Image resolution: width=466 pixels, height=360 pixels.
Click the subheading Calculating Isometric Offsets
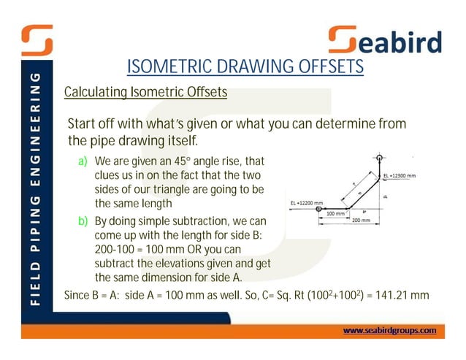click(x=145, y=93)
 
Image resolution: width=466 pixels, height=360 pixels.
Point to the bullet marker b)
click(x=84, y=221)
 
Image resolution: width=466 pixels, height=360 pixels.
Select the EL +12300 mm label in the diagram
click(x=400, y=176)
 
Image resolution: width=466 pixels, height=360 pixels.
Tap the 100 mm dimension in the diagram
click(x=335, y=214)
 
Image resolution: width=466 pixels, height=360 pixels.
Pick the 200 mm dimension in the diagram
click(x=361, y=220)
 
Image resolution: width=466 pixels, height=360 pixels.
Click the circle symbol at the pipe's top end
click(x=380, y=157)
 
